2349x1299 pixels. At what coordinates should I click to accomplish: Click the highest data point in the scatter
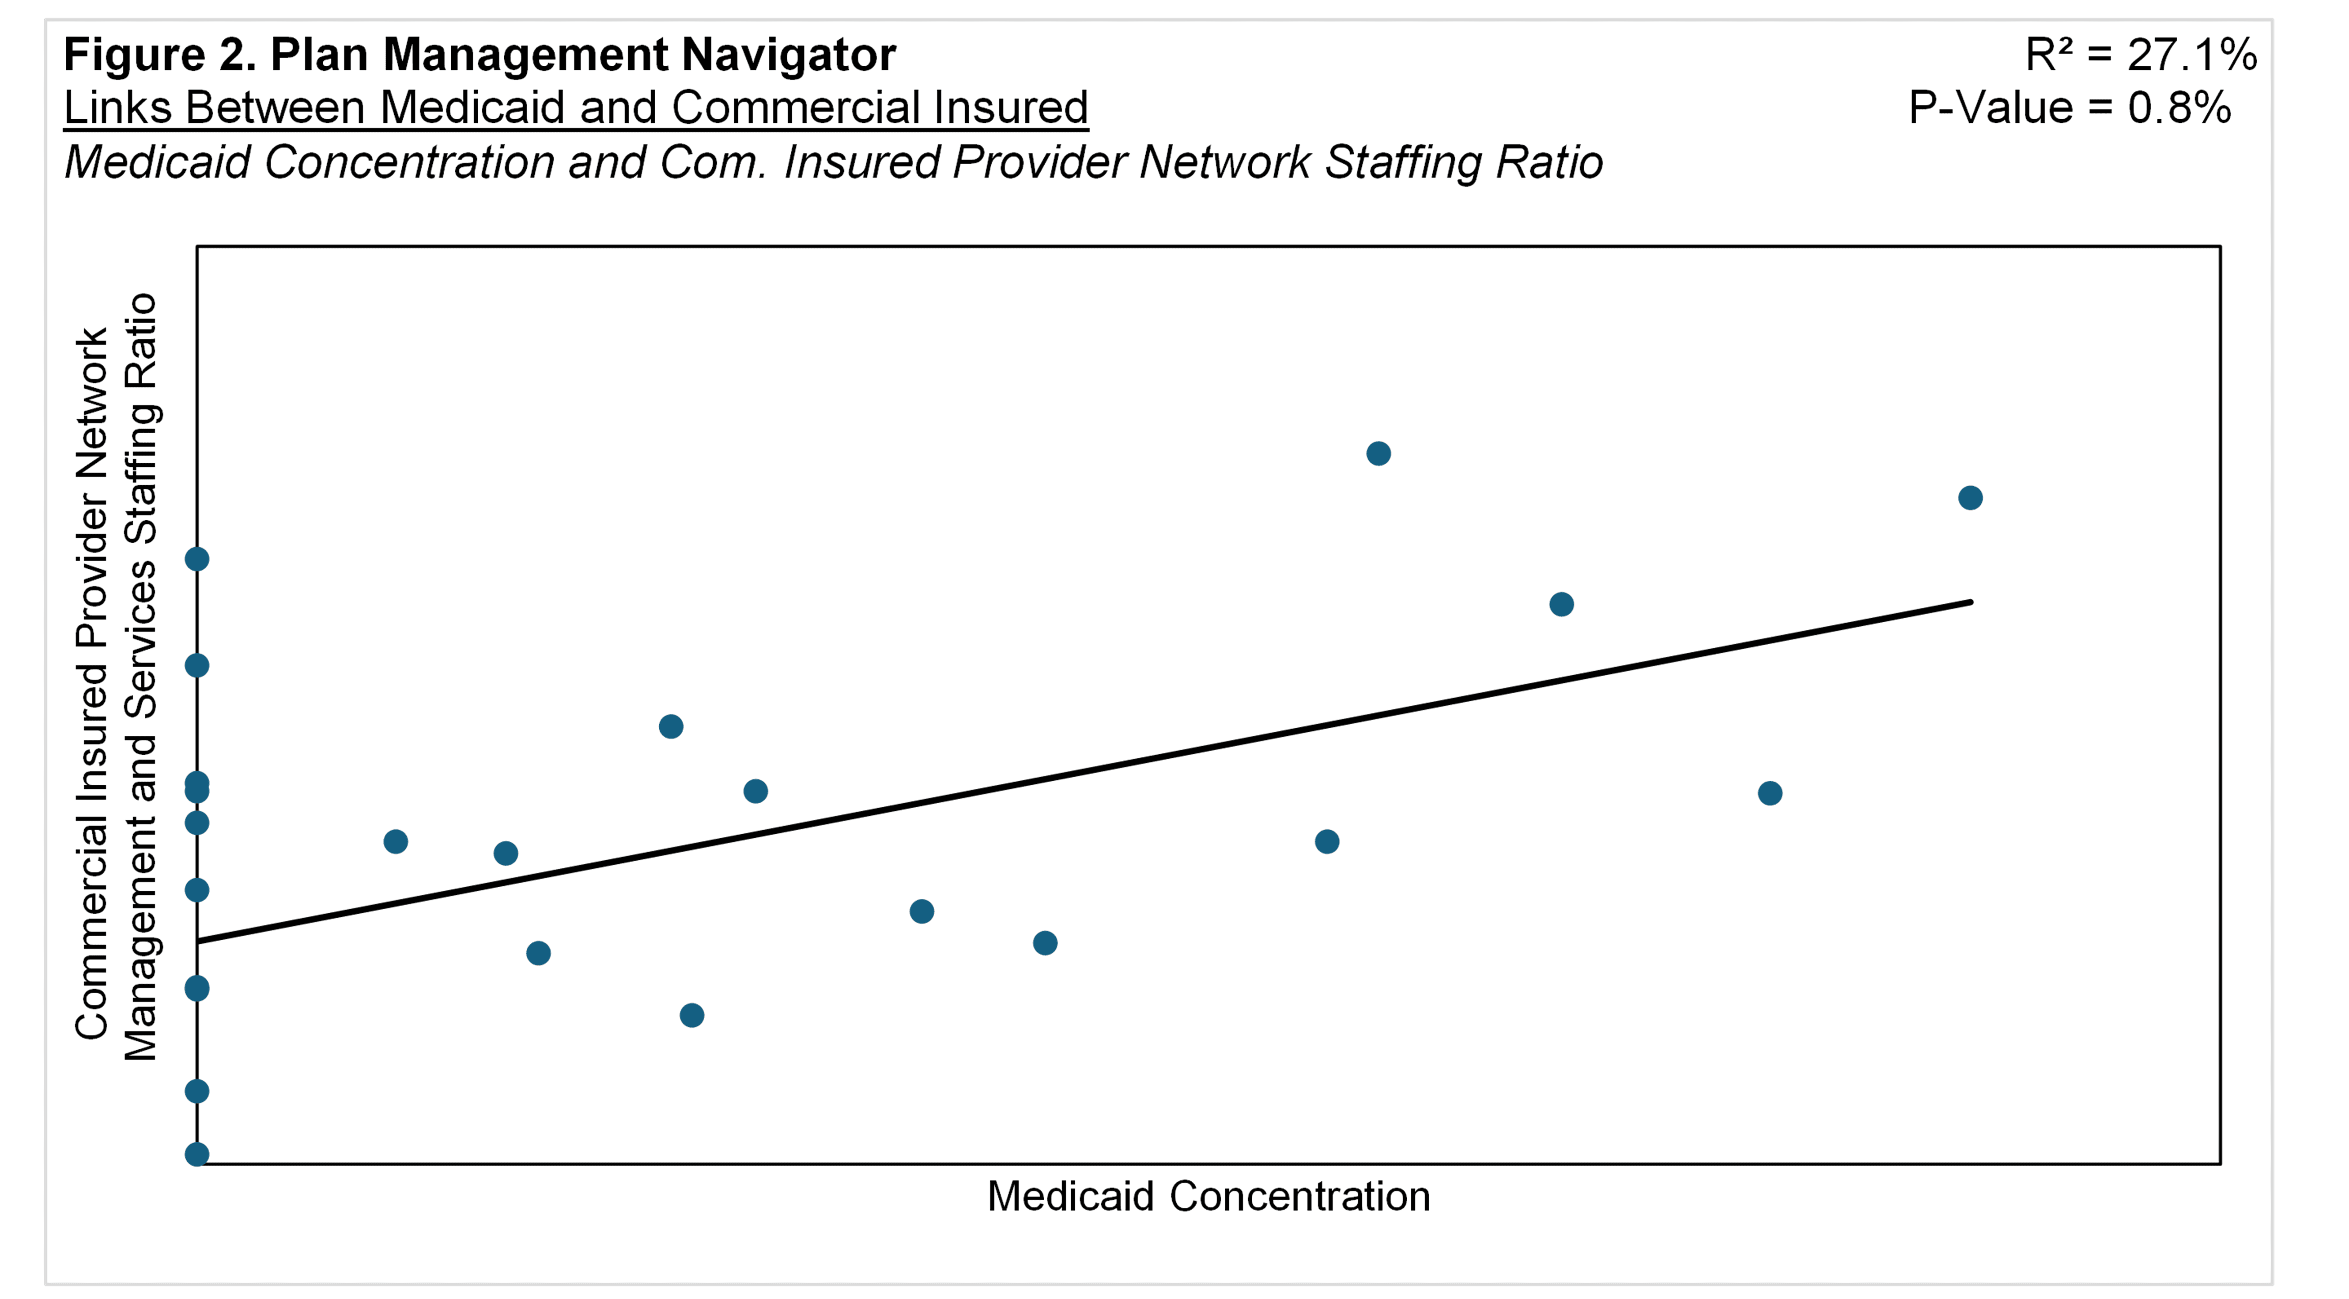point(1378,453)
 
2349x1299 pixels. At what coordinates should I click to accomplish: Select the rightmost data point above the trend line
point(1970,498)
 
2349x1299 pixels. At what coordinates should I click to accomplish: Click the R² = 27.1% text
point(2140,55)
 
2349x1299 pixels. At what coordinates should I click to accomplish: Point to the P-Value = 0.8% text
point(2070,108)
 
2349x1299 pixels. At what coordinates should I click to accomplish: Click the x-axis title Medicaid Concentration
point(1208,1196)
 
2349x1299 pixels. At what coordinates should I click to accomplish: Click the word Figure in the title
point(132,55)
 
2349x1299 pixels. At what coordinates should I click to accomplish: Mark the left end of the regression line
point(199,941)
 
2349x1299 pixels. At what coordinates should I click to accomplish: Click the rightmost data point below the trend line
point(1769,793)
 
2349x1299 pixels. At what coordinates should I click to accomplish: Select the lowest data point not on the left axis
point(691,1015)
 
